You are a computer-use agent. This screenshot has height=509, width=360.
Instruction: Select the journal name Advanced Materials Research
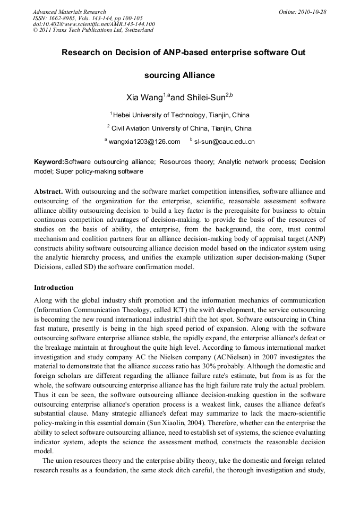pyautogui.click(x=70, y=12)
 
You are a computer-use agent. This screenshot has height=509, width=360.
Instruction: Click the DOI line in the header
pyautogui.click(x=93, y=24)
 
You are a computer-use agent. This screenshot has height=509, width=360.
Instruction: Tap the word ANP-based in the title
pyautogui.click(x=161, y=53)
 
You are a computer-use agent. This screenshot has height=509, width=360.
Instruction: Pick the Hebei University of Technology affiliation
pyautogui.click(x=181, y=115)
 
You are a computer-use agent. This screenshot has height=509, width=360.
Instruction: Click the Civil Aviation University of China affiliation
pyautogui.click(x=181, y=128)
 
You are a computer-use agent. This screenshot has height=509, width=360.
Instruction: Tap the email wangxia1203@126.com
pyautogui.click(x=144, y=142)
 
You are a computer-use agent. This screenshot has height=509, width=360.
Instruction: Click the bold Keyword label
pyautogui.click(x=49, y=161)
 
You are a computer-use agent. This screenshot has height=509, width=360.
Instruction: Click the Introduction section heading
pyautogui.click(x=54, y=288)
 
